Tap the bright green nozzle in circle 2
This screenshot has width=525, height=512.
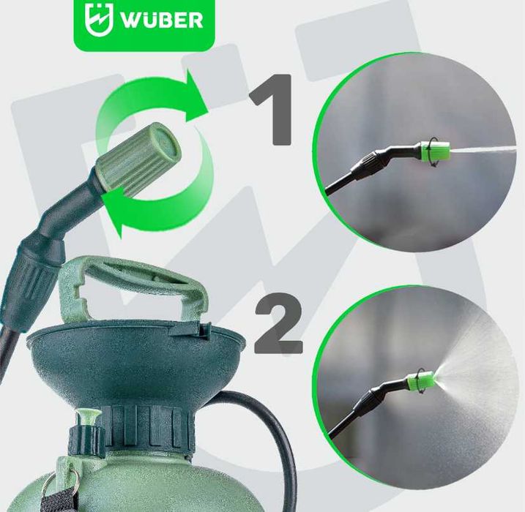pyautogui.click(x=425, y=380)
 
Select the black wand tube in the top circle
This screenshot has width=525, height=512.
pyautogui.click(x=348, y=180)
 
